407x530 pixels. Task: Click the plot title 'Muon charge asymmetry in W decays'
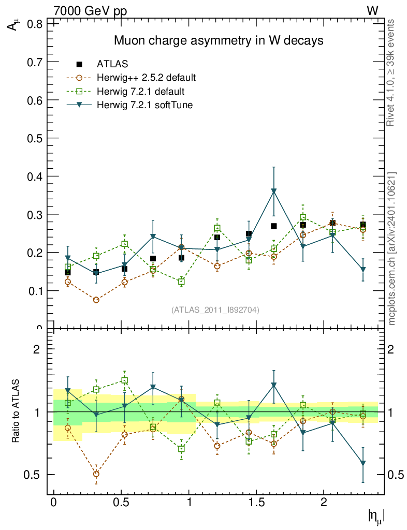coord(218,41)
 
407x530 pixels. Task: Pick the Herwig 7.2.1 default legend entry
coord(140,92)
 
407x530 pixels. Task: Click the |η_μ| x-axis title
coord(376,516)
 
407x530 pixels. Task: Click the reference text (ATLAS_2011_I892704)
coord(215,310)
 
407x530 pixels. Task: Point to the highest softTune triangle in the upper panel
coord(274,191)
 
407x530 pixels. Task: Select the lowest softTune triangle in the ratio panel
coord(363,463)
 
